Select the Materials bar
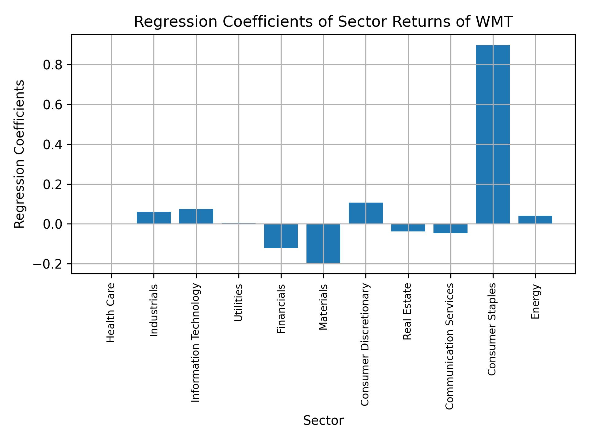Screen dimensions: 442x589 tap(323, 243)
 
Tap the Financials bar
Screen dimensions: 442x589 tap(281, 236)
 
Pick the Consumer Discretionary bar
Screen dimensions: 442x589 tap(366, 213)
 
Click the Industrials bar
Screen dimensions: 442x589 tap(154, 218)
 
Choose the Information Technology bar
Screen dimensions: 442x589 tap(196, 216)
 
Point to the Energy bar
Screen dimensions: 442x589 tap(535, 220)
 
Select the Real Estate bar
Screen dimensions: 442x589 tap(408, 228)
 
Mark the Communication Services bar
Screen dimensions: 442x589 tap(450, 229)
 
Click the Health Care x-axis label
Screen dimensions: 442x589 tap(111, 313)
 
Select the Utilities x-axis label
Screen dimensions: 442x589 tap(239, 303)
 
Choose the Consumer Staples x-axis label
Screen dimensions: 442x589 tap(492, 329)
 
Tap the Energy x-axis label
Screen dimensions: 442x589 tap(535, 302)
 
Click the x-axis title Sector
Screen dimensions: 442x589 tap(323, 421)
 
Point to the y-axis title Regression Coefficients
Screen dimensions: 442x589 tap(20, 154)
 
